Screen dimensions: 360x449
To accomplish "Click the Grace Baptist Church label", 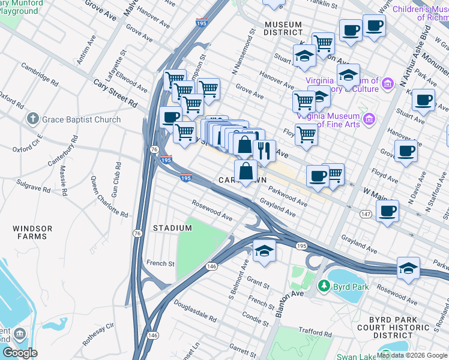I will [81, 119].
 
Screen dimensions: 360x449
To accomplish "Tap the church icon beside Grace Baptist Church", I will [34, 119].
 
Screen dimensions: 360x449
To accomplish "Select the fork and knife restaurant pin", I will [264, 151].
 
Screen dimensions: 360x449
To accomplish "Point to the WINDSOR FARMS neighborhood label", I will [32, 232].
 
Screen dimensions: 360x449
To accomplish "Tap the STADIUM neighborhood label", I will [172, 228].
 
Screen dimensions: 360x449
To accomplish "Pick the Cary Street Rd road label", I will [115, 92].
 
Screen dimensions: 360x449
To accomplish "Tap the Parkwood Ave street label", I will [288, 196].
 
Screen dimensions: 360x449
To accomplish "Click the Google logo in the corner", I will [20, 353].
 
